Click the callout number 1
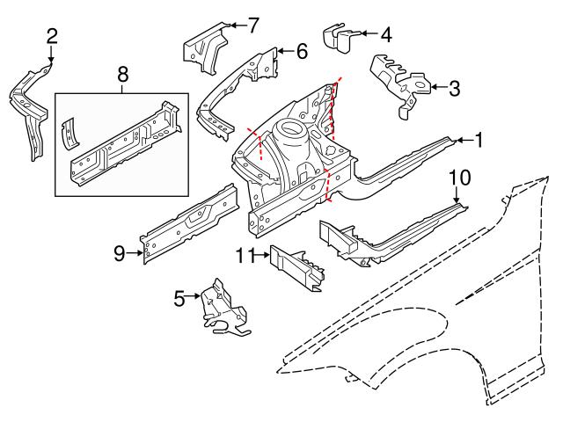[479, 139]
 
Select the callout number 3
[453, 87]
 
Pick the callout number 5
[179, 298]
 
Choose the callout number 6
[301, 52]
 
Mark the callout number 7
[252, 25]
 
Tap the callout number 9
[120, 254]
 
